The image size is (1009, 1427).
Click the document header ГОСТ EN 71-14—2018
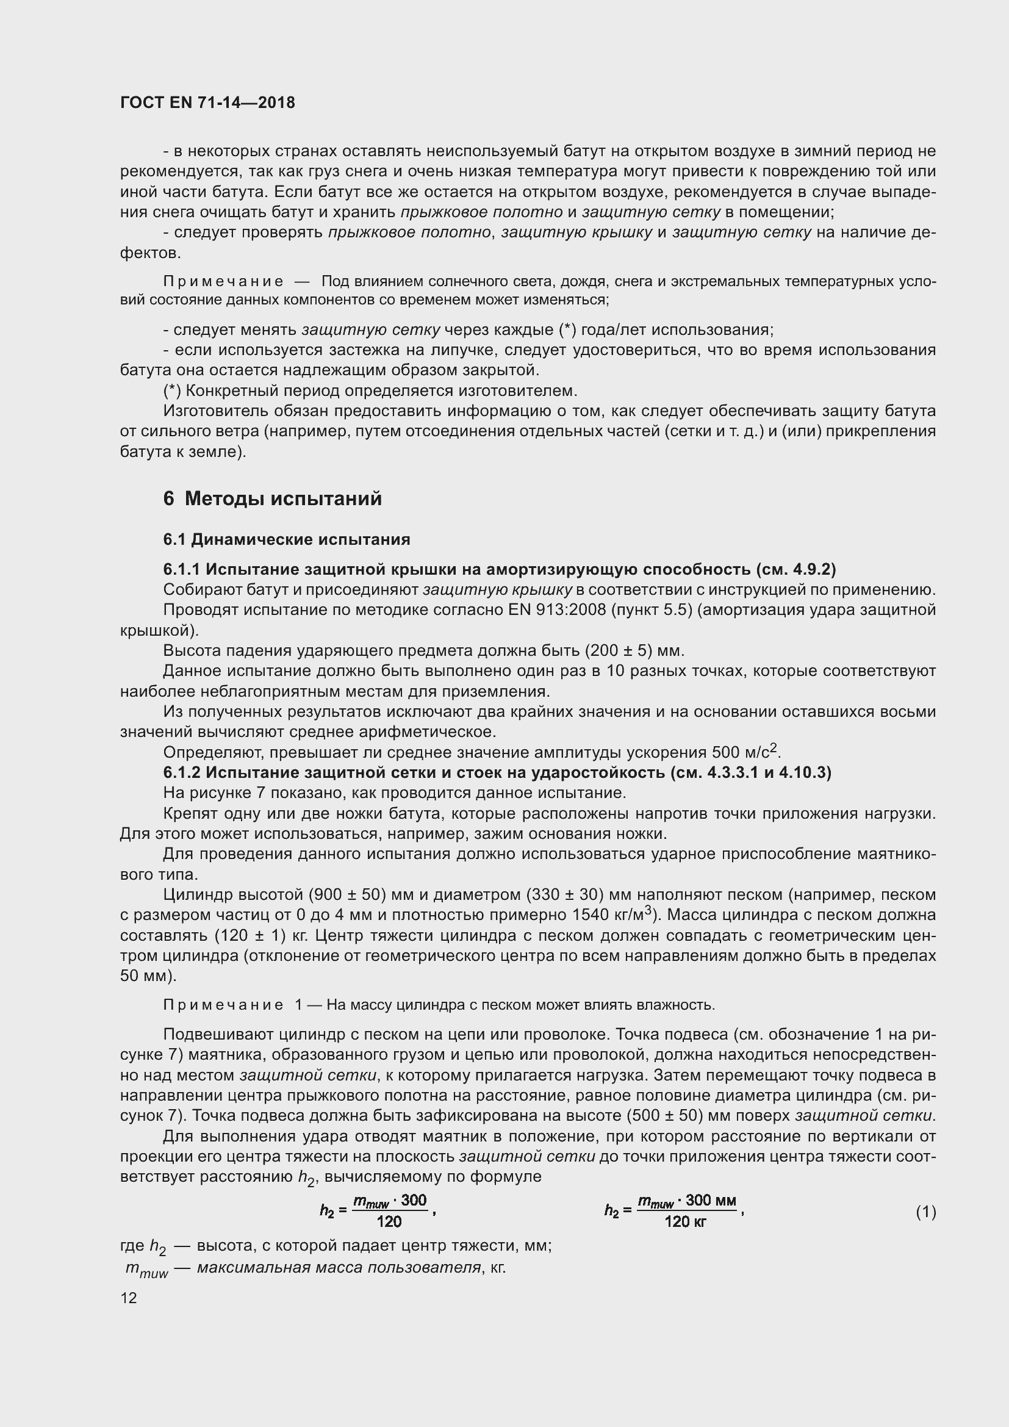click(207, 102)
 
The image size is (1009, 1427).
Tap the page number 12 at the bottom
click(129, 1298)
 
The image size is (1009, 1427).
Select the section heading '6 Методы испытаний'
click(272, 498)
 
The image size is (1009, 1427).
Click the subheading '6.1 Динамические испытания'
click(287, 539)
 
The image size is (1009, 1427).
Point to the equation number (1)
click(926, 1212)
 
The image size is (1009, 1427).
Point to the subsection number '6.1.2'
click(182, 772)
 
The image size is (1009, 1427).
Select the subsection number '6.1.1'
click(182, 569)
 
